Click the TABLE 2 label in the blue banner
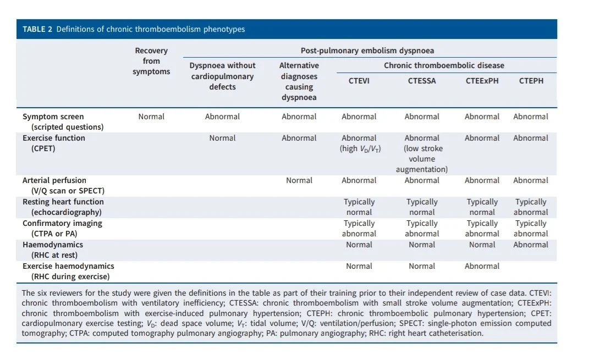pos(37,29)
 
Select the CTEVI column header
pos(359,81)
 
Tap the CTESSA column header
pos(422,81)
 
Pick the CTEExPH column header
pos(482,81)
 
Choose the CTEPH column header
pos(531,81)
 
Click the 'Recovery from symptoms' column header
pos(151,61)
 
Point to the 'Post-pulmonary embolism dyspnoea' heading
pos(367,51)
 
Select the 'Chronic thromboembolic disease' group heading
pos(444,65)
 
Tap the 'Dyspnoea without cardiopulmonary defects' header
pos(222,76)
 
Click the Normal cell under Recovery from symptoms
pos(151,117)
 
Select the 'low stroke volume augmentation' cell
pos(422,154)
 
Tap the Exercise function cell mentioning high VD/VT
pos(359,143)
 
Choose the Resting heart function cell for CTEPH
pos(531,207)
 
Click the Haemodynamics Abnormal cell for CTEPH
pos(531,245)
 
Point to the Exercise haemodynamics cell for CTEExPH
pos(482,266)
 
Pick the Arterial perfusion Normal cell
pos(299,180)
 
